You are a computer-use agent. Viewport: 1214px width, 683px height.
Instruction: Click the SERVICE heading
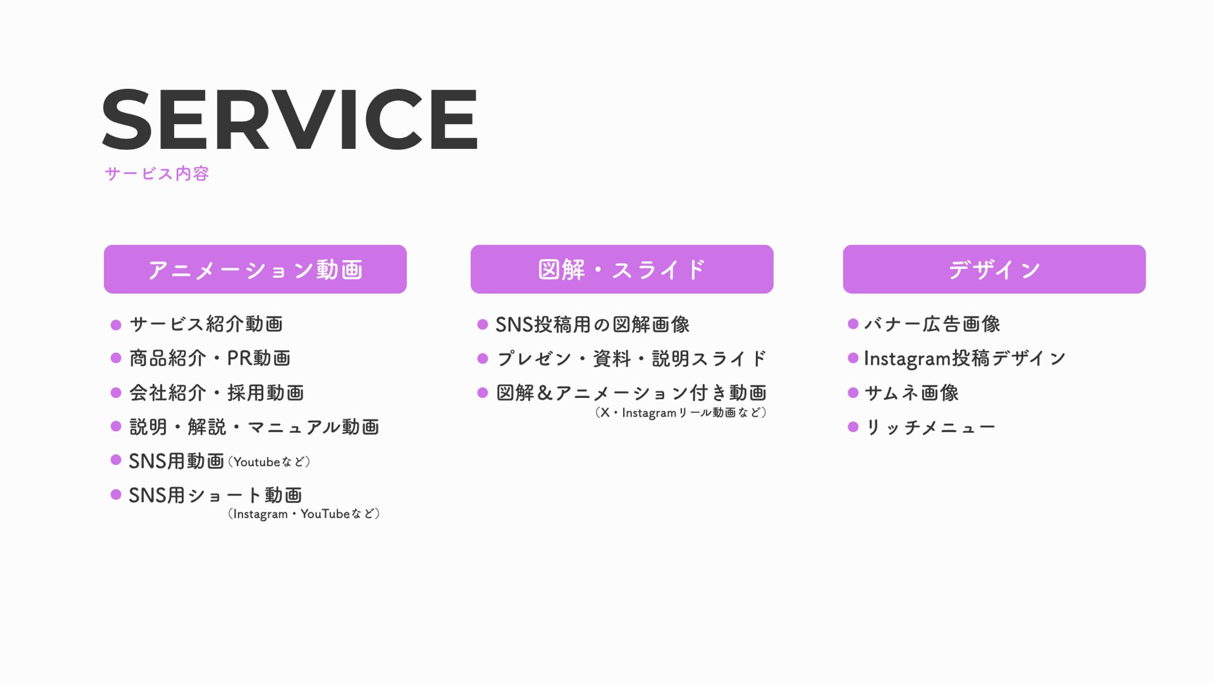coord(289,119)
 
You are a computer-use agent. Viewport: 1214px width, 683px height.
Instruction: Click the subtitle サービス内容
coord(157,174)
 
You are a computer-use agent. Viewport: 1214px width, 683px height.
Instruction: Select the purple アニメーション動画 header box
coord(255,269)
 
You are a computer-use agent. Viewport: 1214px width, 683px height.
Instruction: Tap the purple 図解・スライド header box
coord(621,269)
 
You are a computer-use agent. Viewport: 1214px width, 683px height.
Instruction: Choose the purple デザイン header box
coord(994,269)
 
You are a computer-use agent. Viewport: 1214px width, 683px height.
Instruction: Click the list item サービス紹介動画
coord(206,324)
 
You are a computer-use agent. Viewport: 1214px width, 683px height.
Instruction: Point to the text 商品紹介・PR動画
coord(210,358)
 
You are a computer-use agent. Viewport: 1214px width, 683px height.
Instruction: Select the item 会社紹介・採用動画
coord(216,393)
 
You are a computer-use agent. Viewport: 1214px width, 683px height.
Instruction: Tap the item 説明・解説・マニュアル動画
coord(254,427)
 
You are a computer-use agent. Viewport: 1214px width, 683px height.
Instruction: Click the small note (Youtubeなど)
coord(269,462)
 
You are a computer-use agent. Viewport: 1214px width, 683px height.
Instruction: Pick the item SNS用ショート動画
coord(216,495)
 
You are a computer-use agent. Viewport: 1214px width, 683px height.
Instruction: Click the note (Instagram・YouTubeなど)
coord(303,514)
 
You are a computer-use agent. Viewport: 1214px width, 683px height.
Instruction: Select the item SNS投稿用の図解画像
coord(593,325)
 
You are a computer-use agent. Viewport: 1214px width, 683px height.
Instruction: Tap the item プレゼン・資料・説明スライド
coord(631,358)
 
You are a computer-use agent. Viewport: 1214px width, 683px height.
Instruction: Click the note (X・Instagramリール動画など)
coord(681,412)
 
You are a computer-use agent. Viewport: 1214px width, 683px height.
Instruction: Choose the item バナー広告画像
coord(932,324)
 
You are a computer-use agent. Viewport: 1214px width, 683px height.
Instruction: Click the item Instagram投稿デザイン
coord(965,358)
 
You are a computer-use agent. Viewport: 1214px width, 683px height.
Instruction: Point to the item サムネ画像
coord(912,393)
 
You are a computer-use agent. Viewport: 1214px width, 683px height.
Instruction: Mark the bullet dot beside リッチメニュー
coord(853,427)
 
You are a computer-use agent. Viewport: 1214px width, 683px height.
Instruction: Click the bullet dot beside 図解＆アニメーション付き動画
coord(482,393)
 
